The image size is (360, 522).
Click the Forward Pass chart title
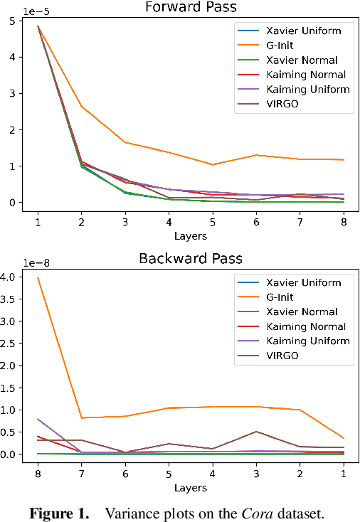point(191,8)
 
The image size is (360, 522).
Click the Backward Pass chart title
point(191,258)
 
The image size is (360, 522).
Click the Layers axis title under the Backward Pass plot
point(191,487)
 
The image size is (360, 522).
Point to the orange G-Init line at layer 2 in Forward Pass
point(82,107)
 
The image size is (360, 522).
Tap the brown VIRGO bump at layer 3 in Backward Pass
point(256,432)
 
